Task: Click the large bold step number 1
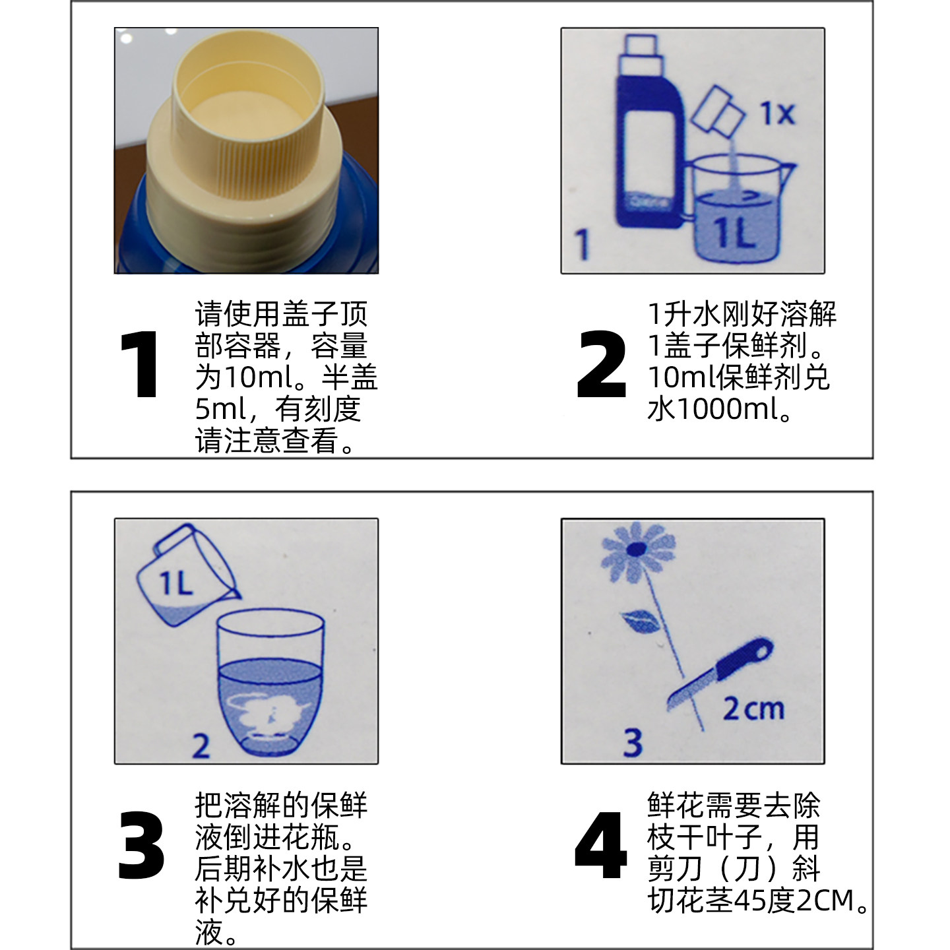tap(140, 365)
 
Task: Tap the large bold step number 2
tap(600, 365)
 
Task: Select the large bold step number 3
tap(141, 846)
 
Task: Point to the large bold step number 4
tap(600, 846)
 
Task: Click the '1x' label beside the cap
tap(777, 113)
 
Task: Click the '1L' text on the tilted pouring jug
tap(175, 583)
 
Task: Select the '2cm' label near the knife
tap(753, 709)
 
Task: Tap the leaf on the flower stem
tap(639, 621)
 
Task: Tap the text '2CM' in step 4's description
tap(824, 901)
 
